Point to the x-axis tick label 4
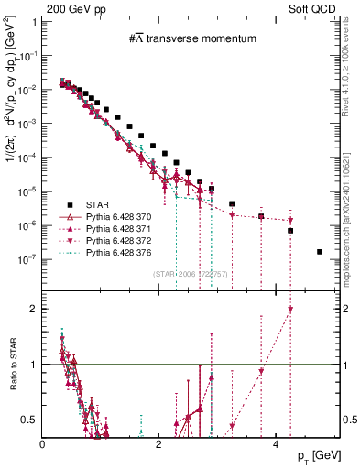tap(277, 446)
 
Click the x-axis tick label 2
tap(159, 446)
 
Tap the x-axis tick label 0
tap(43, 446)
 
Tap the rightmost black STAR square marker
tap(320, 251)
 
